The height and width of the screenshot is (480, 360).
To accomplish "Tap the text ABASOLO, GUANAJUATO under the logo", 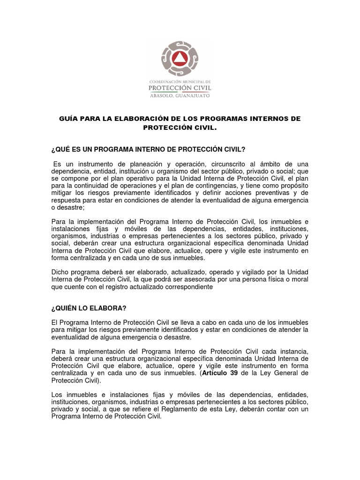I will point(180,95).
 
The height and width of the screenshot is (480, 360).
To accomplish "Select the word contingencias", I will point(225,186).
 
